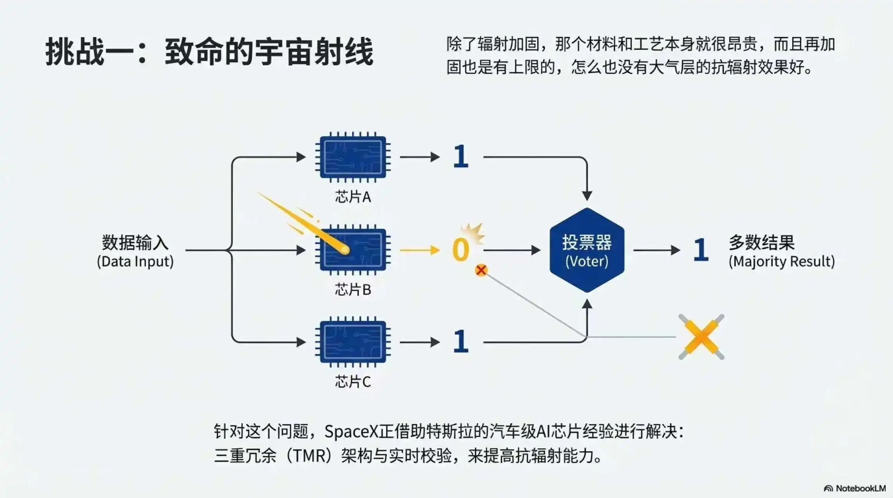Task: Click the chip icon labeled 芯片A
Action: tap(353, 157)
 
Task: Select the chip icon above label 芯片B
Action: tap(353, 250)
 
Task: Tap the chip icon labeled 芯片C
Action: tap(353, 342)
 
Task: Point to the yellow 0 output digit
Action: tap(461, 250)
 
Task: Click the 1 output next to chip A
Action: tap(461, 156)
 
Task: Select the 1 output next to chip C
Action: tap(461, 342)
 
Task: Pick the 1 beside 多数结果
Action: tap(701, 250)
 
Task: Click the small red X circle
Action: tap(481, 270)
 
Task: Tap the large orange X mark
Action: tap(701, 337)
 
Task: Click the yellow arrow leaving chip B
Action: tap(419, 250)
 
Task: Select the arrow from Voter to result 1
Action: tap(656, 250)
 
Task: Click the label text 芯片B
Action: tap(353, 290)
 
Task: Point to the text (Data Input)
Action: tap(135, 261)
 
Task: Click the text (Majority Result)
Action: tap(782, 261)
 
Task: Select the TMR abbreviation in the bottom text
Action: tap(309, 456)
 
